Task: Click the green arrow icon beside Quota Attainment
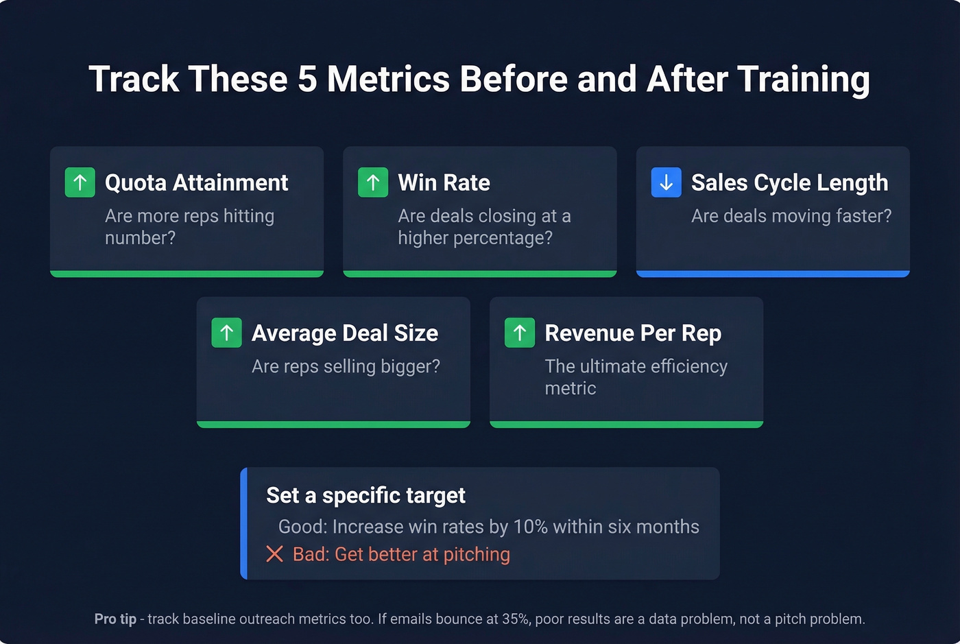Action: point(80,182)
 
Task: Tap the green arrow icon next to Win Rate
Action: point(373,182)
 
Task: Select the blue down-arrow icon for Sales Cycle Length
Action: point(666,182)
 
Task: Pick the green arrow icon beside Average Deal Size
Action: point(226,333)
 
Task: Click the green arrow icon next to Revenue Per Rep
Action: point(520,333)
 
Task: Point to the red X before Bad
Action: point(274,554)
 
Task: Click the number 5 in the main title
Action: point(307,79)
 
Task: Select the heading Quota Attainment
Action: point(196,182)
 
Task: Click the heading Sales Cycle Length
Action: point(789,182)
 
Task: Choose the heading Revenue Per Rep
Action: point(633,333)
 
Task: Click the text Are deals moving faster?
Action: point(791,216)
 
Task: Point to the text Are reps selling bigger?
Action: point(346,366)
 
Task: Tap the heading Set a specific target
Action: point(365,495)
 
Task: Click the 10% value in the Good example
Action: point(530,527)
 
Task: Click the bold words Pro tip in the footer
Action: point(115,619)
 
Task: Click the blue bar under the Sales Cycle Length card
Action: point(773,274)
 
